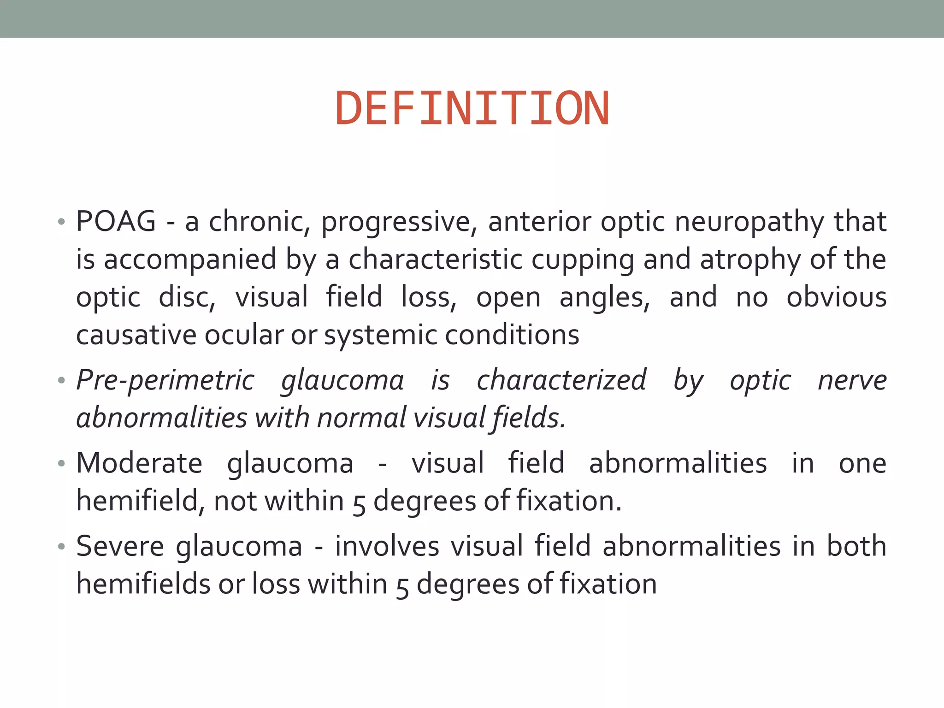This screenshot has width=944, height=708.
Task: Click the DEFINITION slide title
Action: pos(472,109)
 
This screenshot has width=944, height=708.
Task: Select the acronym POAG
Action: pos(116,221)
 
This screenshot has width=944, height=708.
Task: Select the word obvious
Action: pos(836,297)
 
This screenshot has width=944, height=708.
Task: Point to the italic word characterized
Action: pos(561,381)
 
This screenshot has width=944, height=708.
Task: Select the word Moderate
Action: pos(139,463)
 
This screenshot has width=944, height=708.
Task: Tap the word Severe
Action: pos(120,546)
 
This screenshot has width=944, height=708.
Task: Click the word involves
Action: pos(387,546)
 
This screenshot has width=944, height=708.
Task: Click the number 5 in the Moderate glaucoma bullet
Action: pos(359,503)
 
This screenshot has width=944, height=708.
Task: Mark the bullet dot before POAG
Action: pos(61,222)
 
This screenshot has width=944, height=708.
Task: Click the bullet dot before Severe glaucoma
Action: pos(61,547)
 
